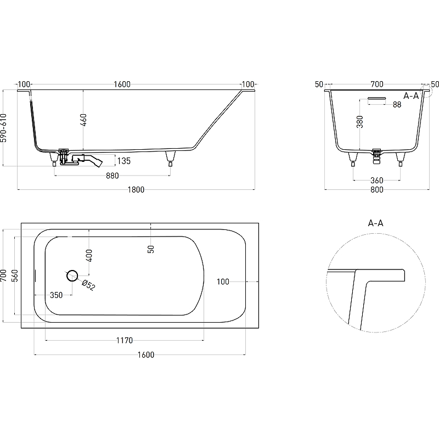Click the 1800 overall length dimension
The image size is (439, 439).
(136, 189)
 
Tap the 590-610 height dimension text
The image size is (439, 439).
(4, 128)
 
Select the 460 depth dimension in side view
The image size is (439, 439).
(83, 120)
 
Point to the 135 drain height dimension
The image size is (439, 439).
(124, 161)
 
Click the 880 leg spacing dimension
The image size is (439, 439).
(112, 176)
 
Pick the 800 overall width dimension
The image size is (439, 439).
(377, 189)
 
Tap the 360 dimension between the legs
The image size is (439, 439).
(377, 181)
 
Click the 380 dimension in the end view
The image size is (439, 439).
(360, 122)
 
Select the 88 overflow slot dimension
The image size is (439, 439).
(397, 104)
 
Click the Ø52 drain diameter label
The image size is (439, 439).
(88, 285)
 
